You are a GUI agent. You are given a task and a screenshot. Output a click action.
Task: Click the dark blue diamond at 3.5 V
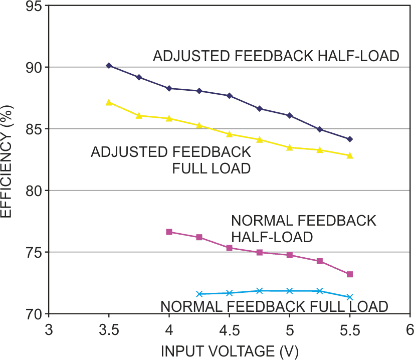click(x=109, y=66)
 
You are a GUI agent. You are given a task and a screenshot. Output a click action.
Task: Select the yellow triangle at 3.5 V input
click(x=109, y=102)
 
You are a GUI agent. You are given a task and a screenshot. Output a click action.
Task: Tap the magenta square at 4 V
click(x=169, y=232)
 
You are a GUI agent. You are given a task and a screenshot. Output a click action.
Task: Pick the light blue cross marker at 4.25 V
click(x=199, y=294)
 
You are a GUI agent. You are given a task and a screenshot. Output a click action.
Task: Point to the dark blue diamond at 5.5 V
click(x=350, y=139)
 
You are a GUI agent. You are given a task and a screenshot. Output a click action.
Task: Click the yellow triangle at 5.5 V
click(x=350, y=155)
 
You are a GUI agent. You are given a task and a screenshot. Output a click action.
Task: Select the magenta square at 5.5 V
click(x=350, y=274)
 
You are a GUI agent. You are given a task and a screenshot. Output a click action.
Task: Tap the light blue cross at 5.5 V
click(x=350, y=297)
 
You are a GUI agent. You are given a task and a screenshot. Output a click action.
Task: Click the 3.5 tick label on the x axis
click(x=109, y=330)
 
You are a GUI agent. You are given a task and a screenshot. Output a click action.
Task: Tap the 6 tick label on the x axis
click(x=410, y=330)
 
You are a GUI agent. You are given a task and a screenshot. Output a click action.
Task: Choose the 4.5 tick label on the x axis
click(x=229, y=330)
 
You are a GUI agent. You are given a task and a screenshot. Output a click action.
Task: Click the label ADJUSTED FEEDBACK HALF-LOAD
click(x=276, y=56)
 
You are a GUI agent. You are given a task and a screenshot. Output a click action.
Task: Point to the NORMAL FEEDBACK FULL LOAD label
click(x=274, y=306)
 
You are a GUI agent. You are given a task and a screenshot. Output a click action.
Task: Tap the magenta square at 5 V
click(x=289, y=255)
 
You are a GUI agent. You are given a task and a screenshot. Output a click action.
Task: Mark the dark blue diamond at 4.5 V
click(x=229, y=95)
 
